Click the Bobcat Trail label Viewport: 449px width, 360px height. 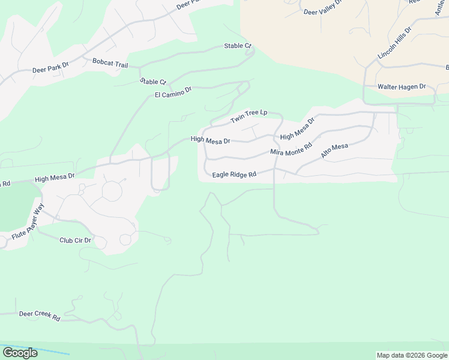point(111,62)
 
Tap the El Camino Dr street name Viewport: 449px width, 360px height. point(173,92)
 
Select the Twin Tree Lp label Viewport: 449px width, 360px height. point(249,117)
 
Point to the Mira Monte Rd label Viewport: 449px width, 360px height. point(291,149)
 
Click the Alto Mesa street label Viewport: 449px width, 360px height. point(334,151)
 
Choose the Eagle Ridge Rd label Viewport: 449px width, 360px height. point(234,175)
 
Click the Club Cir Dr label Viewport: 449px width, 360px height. point(75,241)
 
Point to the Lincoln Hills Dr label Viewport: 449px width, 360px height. point(394,43)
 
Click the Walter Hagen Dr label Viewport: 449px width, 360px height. point(401,87)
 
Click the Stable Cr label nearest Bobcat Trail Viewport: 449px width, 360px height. point(152,82)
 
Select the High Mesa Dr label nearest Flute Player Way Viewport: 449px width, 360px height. point(55,177)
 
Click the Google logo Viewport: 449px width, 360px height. point(20,352)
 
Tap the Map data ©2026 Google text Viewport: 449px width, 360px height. point(412,355)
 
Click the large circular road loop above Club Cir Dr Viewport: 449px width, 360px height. point(112,191)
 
